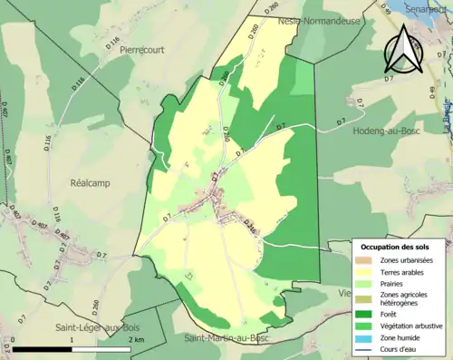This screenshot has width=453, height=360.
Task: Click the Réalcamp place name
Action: pyautogui.click(x=90, y=182)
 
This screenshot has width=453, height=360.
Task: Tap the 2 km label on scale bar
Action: pyautogui.click(x=135, y=339)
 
